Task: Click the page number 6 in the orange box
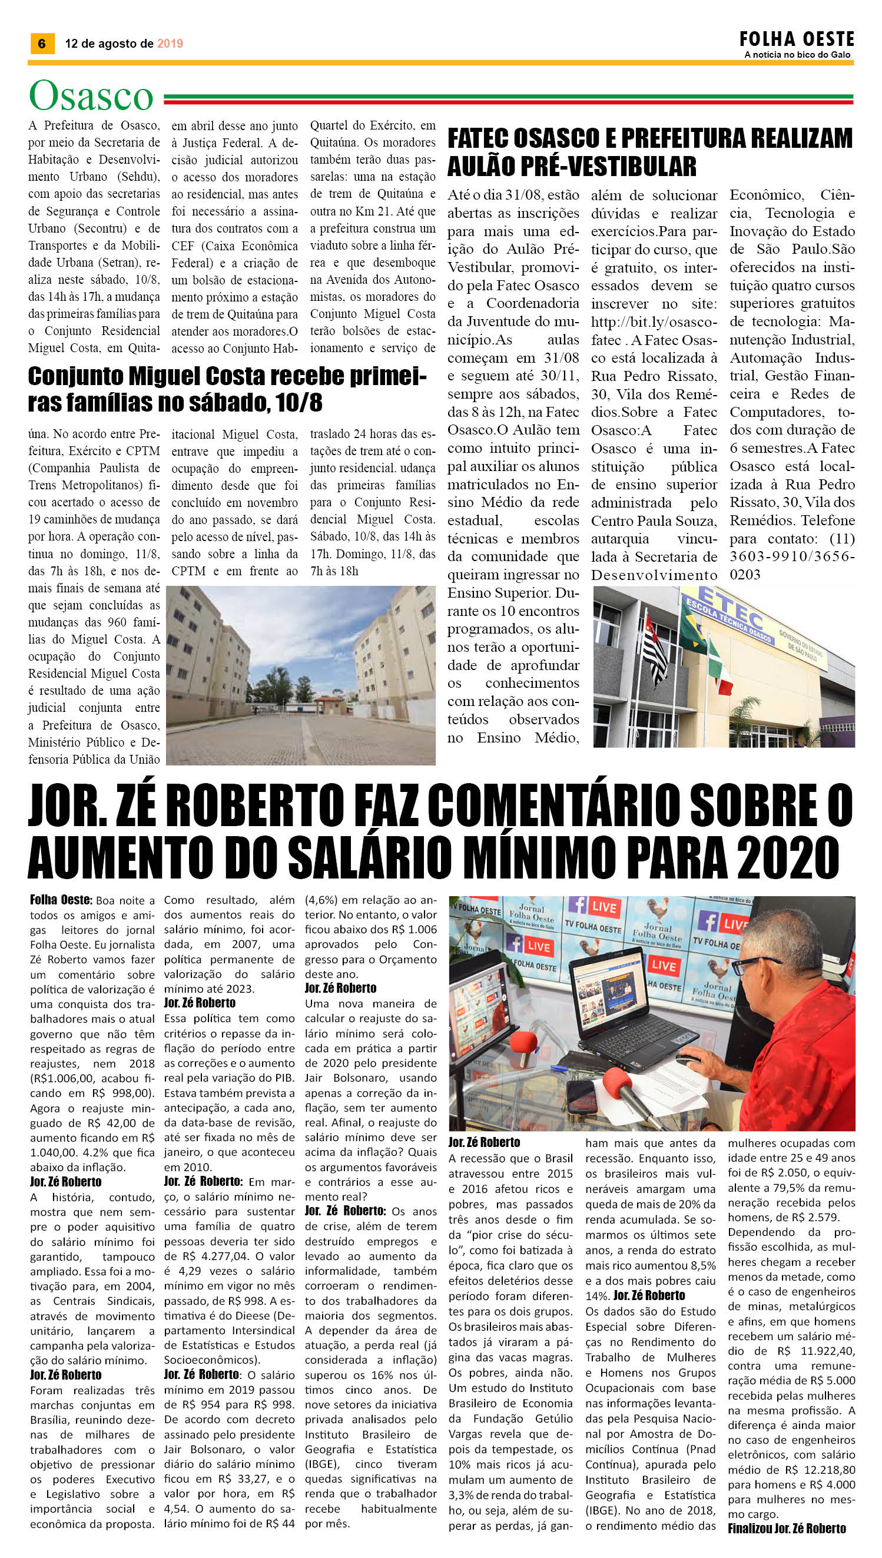coord(42,43)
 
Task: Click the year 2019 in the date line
coord(170,44)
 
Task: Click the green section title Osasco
coord(91,96)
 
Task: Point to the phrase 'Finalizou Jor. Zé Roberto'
coord(786,1529)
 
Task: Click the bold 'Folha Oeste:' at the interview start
coord(61,900)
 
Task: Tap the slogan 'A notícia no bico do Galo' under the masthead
coord(797,55)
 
